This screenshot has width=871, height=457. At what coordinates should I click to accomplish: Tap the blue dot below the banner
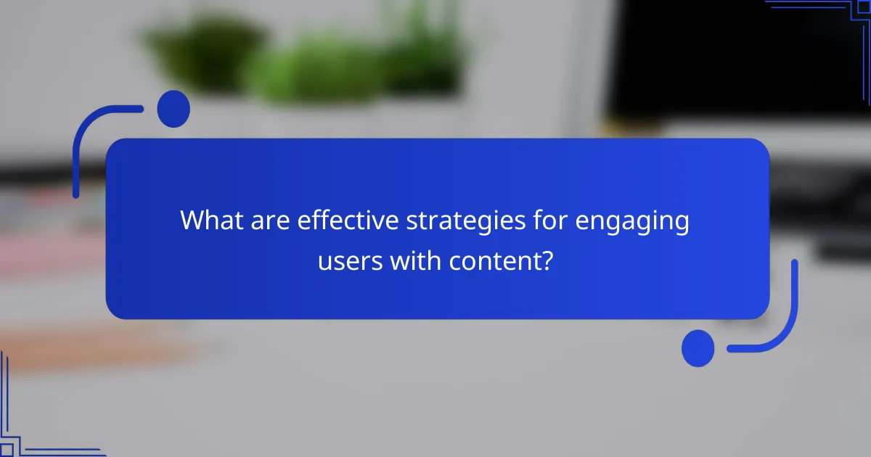[698, 348]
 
